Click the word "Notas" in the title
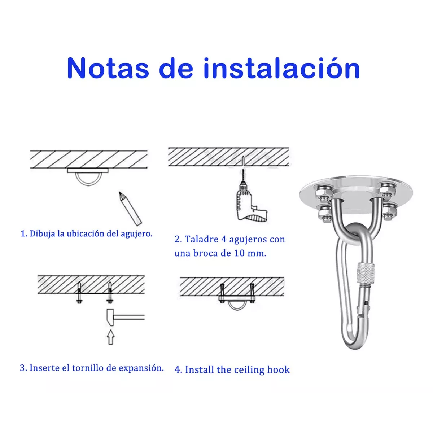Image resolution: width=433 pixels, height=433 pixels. click(108, 68)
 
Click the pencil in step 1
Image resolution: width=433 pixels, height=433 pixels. click(131, 209)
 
